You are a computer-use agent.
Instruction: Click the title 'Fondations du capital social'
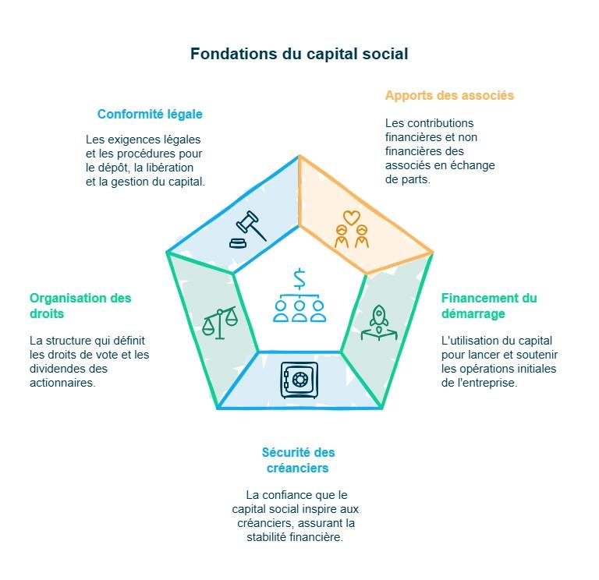299,55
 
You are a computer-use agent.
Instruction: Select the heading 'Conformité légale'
150,114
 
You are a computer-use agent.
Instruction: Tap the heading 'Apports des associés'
449,96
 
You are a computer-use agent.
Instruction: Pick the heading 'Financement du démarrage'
489,306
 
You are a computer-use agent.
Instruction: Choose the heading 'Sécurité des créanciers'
299,460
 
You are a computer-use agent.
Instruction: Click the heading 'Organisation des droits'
80,306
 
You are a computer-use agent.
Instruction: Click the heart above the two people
352,216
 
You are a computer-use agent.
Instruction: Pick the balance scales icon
219,322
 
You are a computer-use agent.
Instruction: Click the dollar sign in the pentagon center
299,278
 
